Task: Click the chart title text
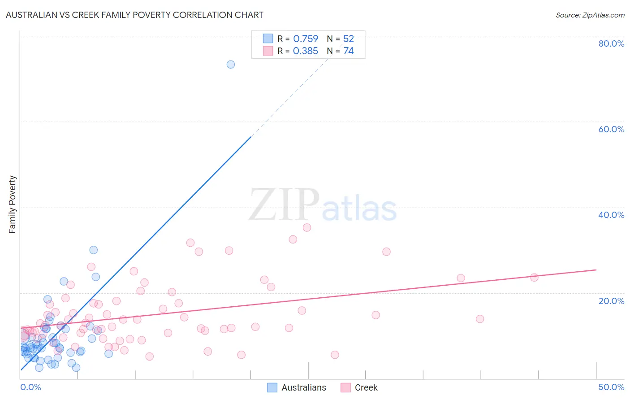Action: tap(134, 15)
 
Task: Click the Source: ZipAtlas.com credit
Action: tap(590, 15)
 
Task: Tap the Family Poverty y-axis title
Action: tap(13, 204)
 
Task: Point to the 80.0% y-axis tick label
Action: tap(611, 43)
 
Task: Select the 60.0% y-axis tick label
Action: tap(611, 129)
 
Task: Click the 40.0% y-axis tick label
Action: tap(611, 215)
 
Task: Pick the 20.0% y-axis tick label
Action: tap(611, 301)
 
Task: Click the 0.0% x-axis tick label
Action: tap(30, 387)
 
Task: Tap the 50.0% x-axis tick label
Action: tap(611, 387)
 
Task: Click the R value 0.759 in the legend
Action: tap(306, 39)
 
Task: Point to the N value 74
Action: tap(348, 51)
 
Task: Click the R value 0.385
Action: tap(306, 51)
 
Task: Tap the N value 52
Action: tap(348, 39)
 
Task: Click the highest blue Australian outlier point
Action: tap(230, 64)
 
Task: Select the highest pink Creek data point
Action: tap(307, 227)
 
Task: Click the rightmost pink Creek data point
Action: tap(534, 277)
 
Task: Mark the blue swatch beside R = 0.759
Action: tap(268, 39)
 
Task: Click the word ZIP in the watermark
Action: tap(284, 204)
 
